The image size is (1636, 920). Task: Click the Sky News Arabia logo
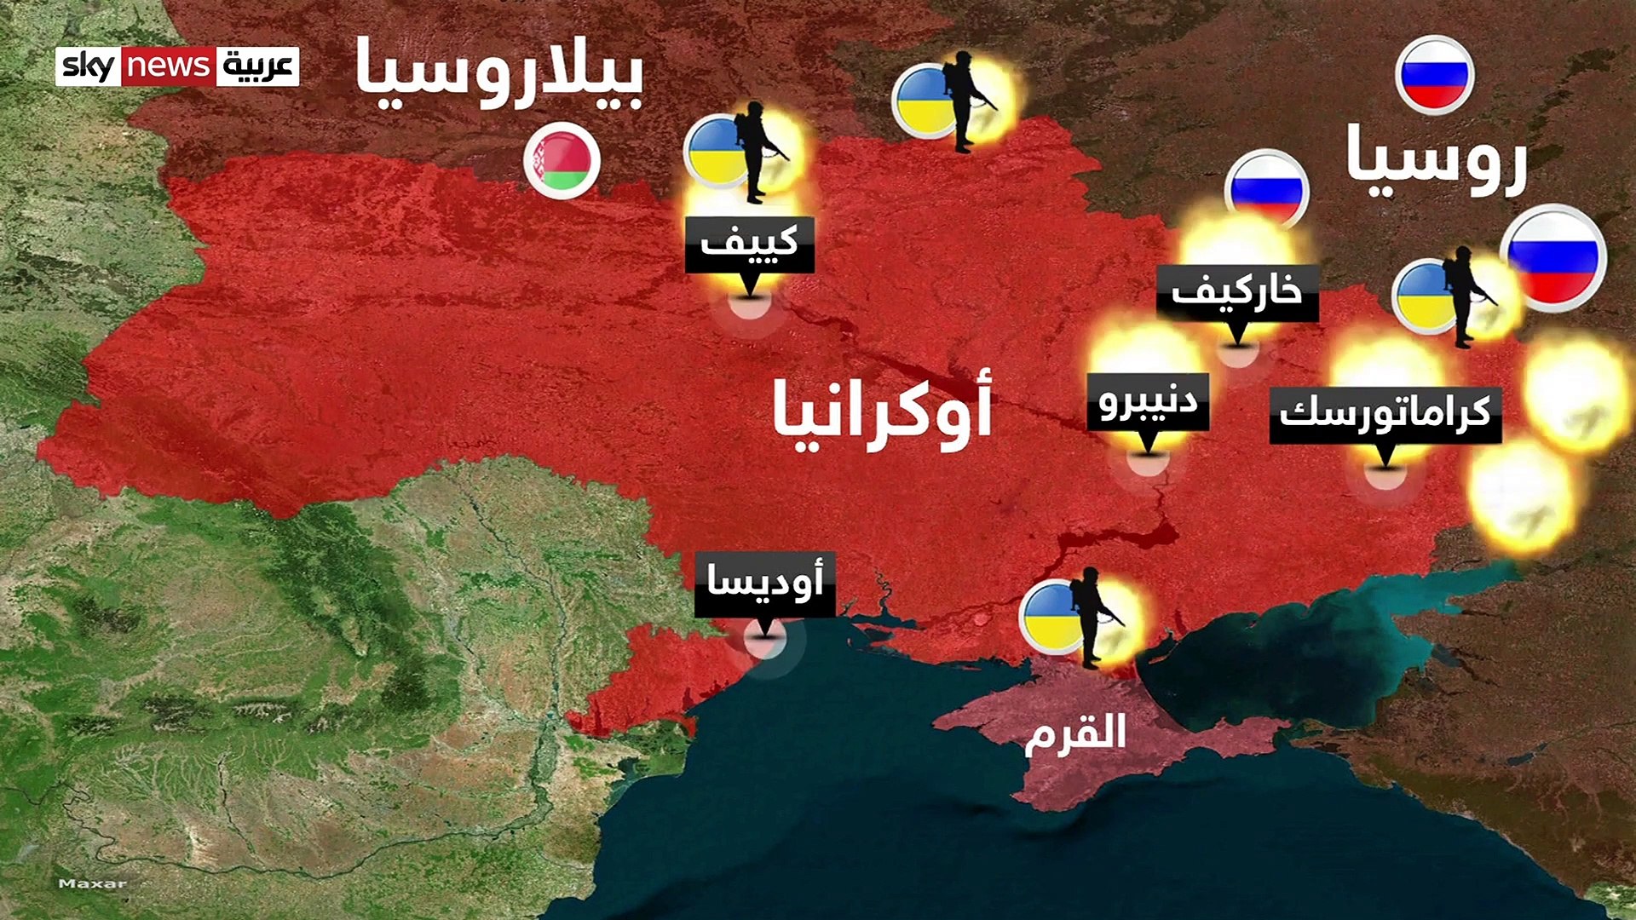point(177,66)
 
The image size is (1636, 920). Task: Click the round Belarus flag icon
point(562,159)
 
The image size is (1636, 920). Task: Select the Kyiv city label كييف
point(749,244)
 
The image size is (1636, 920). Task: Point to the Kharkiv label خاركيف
point(1237,292)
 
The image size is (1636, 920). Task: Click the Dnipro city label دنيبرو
point(1148,400)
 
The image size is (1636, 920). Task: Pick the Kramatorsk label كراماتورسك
point(1385,414)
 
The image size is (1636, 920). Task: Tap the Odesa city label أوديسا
point(764,584)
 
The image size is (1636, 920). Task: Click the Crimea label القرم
point(1075,733)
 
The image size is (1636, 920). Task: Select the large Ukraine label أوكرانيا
point(882,411)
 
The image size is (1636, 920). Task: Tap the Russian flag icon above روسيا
point(1435,75)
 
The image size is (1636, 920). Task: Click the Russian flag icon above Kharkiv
point(1266,188)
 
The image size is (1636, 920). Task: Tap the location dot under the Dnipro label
point(1147,460)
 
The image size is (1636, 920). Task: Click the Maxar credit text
point(92,883)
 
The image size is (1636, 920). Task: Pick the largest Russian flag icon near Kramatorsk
point(1552,257)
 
